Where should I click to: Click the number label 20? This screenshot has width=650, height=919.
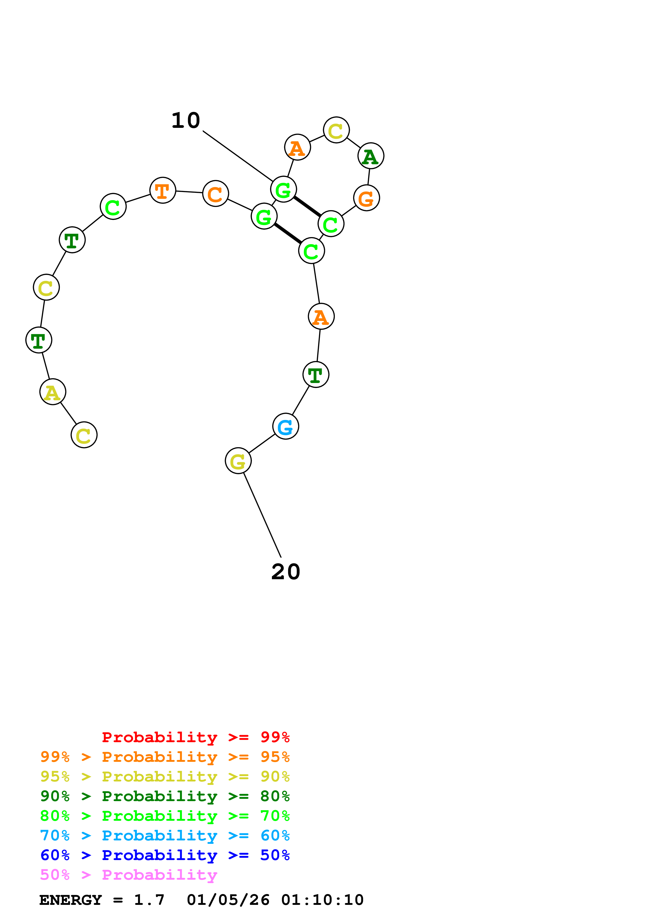(x=286, y=572)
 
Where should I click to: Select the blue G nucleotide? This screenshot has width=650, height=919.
(x=286, y=426)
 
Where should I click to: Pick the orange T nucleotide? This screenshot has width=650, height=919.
(x=163, y=190)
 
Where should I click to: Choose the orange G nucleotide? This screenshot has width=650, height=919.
(x=367, y=198)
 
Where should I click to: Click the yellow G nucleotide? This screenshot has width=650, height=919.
(x=238, y=461)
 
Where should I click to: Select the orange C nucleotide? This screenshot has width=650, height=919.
(x=216, y=194)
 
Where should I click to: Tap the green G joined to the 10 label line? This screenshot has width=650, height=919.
(x=283, y=189)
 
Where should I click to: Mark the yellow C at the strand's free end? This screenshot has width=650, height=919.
(x=84, y=435)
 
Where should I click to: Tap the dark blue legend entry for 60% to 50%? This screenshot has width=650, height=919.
(x=165, y=855)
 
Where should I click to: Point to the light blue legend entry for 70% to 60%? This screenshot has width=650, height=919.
(x=165, y=835)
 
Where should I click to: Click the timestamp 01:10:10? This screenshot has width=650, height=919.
(x=323, y=900)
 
